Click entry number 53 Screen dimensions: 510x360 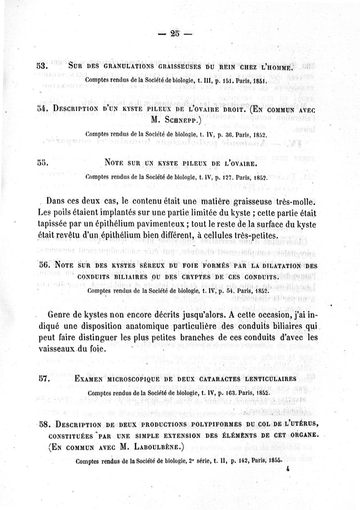42,67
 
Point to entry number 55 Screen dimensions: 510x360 42,162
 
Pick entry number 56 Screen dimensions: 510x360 43,266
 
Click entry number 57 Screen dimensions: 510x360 43,379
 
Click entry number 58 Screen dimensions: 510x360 43,424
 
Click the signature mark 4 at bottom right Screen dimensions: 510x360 286,468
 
